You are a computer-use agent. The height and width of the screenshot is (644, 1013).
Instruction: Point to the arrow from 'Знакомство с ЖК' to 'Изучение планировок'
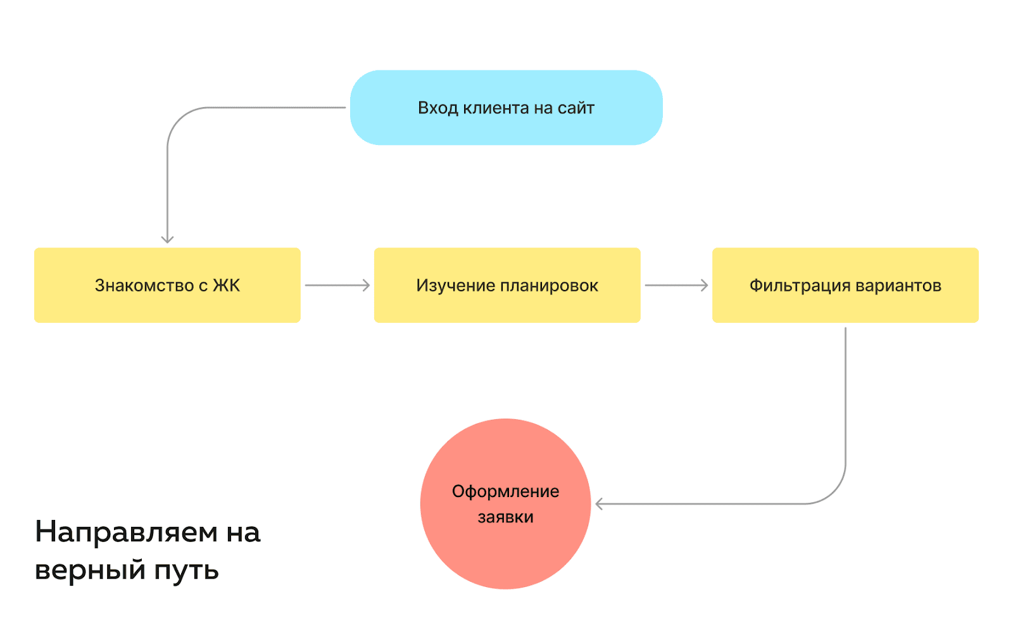click(337, 286)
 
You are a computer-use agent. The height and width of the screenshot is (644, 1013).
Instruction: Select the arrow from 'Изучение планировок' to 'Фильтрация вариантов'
click(676, 286)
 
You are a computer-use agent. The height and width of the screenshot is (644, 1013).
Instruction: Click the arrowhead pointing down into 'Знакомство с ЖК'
click(167, 239)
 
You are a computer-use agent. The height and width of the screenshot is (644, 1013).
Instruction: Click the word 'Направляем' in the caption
click(126, 532)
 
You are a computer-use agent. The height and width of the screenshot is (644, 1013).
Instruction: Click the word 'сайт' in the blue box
click(576, 108)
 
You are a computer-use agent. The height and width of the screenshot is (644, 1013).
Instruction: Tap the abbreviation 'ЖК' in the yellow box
click(227, 286)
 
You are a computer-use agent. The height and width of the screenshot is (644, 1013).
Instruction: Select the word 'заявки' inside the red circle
click(505, 517)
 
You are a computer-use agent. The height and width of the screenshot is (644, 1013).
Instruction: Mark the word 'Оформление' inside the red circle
click(505, 491)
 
